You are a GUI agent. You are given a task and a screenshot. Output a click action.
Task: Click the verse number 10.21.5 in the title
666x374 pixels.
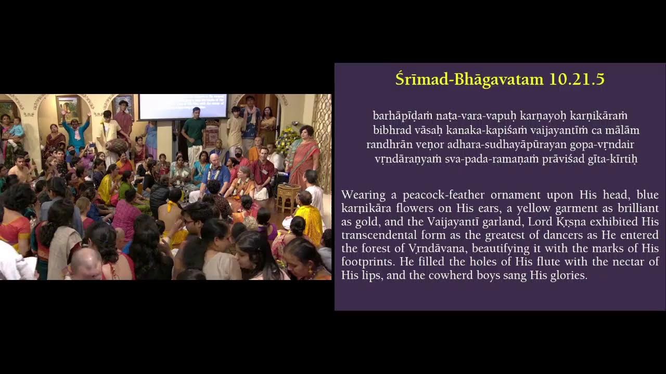point(577,79)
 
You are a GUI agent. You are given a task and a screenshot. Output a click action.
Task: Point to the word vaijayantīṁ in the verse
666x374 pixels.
point(567,130)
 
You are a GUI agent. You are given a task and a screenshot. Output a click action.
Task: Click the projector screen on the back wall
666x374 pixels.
point(183,106)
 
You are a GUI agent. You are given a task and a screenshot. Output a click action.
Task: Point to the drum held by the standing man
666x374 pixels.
point(116,145)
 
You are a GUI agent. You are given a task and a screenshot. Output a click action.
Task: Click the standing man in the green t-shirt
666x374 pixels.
point(194,133)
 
